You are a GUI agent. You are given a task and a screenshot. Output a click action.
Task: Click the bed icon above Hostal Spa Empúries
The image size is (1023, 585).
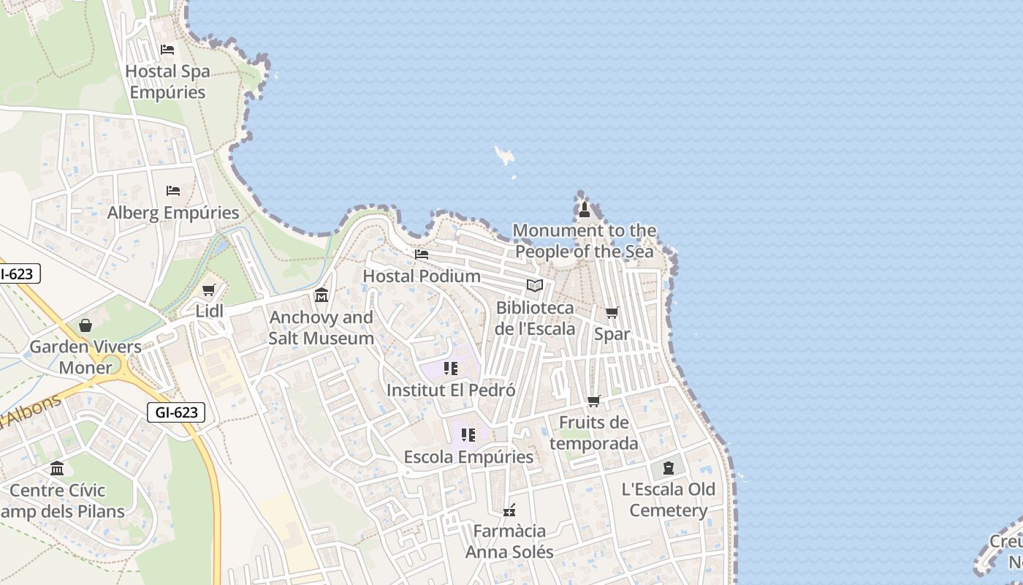[x=167, y=50]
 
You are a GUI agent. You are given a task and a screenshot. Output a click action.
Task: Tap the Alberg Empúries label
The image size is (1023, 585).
[x=173, y=213]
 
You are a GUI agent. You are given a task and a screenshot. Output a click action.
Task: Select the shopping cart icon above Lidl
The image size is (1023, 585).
[x=209, y=290]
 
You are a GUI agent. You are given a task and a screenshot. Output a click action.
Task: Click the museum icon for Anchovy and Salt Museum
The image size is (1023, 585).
[x=321, y=295]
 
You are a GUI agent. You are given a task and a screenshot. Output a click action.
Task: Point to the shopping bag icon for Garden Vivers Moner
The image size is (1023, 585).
[x=85, y=325]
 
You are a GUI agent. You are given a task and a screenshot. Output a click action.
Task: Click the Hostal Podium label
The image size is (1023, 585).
[x=422, y=276]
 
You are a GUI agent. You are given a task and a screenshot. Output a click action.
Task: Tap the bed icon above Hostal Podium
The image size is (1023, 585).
[x=422, y=254]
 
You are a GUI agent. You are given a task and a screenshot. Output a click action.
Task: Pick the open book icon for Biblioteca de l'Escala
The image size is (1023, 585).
[x=535, y=286]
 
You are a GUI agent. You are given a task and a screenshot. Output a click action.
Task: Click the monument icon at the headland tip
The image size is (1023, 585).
[x=584, y=210]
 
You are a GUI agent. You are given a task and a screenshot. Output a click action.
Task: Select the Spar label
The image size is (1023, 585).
[x=612, y=334]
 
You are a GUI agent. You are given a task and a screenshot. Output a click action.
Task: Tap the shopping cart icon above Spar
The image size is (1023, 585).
[x=612, y=313]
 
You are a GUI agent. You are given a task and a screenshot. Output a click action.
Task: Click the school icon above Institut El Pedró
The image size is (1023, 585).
[x=451, y=369]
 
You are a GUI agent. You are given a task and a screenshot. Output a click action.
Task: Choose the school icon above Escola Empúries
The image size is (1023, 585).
[x=468, y=435]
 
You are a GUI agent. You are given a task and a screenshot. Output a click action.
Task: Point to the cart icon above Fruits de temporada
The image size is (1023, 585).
[x=594, y=401]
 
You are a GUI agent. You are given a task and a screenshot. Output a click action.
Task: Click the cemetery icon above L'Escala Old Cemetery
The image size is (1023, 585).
[x=669, y=468]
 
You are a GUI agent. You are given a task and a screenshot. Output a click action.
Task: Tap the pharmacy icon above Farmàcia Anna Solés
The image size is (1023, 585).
[x=509, y=510]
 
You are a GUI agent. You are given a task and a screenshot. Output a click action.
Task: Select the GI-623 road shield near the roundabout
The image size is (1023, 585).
[x=176, y=412]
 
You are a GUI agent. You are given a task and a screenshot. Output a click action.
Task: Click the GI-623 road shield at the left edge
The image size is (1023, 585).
[x=17, y=274]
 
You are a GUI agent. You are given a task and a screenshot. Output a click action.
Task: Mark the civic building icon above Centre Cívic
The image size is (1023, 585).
[x=57, y=469]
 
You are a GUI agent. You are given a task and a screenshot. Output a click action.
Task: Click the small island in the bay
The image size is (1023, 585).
[x=504, y=154]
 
